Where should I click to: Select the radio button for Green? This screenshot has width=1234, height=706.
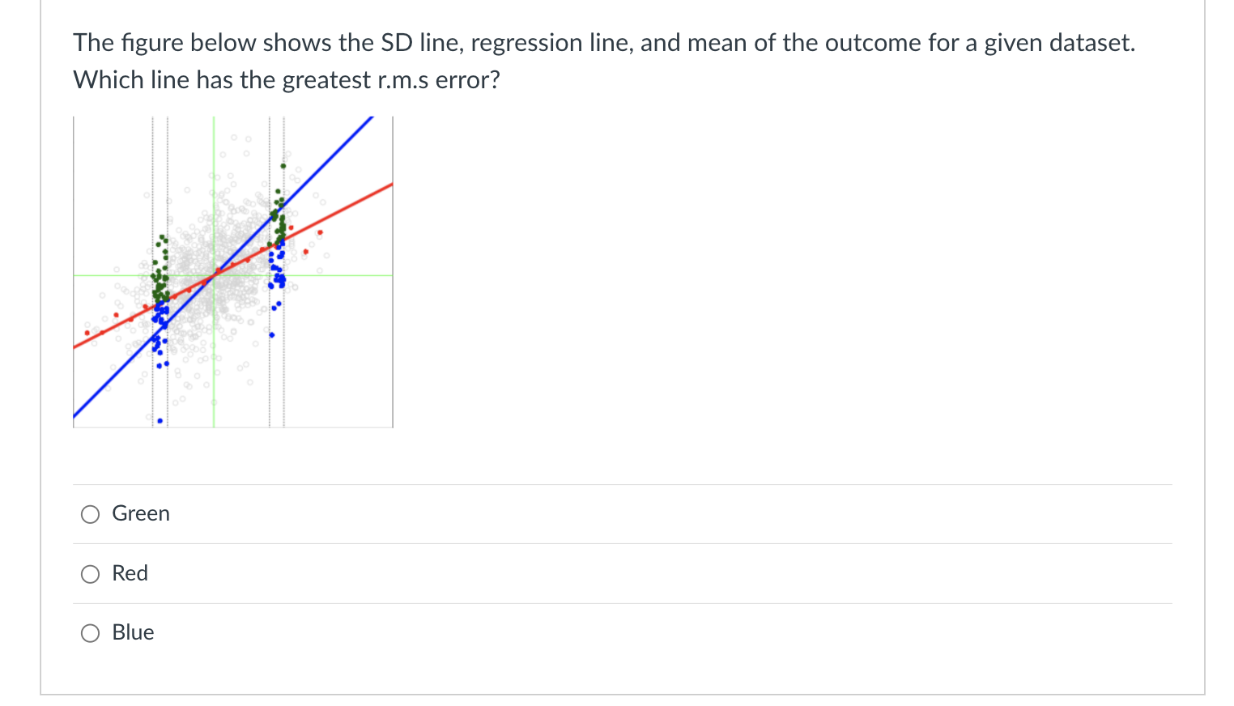tap(90, 514)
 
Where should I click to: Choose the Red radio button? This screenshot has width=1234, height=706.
tap(90, 574)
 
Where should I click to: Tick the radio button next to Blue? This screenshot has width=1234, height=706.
tap(90, 633)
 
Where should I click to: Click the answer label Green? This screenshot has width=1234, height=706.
tap(141, 513)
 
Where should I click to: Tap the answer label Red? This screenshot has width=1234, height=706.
tap(130, 573)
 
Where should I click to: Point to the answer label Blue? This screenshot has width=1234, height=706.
tap(133, 632)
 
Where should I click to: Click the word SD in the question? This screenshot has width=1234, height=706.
tap(397, 43)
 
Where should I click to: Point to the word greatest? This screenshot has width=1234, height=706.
tap(326, 80)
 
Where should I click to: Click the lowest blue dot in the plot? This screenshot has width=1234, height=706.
tap(160, 421)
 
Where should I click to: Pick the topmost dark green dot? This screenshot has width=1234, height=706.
tap(283, 166)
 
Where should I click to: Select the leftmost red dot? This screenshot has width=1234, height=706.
tap(87, 333)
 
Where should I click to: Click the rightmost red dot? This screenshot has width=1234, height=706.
tap(320, 232)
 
